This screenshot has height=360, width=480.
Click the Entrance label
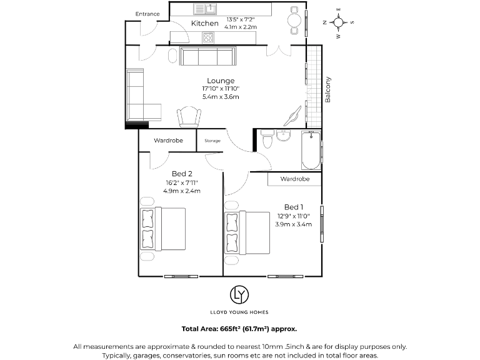[x=147, y=14]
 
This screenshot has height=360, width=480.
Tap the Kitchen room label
[x=204, y=24]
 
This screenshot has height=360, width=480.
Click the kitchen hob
[x=208, y=37]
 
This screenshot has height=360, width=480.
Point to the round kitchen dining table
[x=293, y=21]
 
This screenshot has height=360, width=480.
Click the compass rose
[x=338, y=24]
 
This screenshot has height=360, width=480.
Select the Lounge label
[x=221, y=81]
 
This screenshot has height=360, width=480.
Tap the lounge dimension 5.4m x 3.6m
[x=221, y=97]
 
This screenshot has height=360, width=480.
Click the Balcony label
[x=327, y=89]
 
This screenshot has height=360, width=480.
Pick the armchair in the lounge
[x=189, y=116]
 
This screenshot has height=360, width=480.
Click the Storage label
[x=212, y=141]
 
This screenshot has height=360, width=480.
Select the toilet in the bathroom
[x=267, y=139]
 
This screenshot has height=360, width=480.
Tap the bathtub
[x=311, y=151]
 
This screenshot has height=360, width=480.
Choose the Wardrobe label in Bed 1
[x=294, y=179]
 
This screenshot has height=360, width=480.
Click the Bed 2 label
[x=181, y=173]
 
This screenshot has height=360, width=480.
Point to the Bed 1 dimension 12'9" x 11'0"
[x=294, y=216]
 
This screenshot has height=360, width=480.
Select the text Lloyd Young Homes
[x=239, y=311]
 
